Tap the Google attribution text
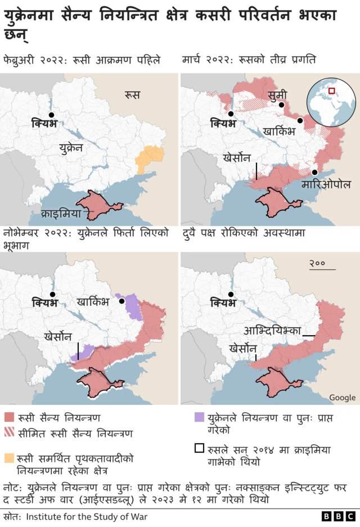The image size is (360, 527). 342,398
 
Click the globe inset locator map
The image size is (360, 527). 331,103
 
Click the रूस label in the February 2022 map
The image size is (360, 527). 133,96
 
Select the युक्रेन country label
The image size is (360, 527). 70,148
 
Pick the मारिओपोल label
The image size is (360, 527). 326,184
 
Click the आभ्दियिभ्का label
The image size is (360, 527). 272,331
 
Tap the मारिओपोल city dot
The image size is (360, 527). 315,172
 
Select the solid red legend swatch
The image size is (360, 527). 9,418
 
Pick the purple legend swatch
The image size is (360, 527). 199,418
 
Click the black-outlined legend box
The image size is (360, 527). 199,449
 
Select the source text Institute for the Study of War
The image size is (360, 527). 87,516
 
